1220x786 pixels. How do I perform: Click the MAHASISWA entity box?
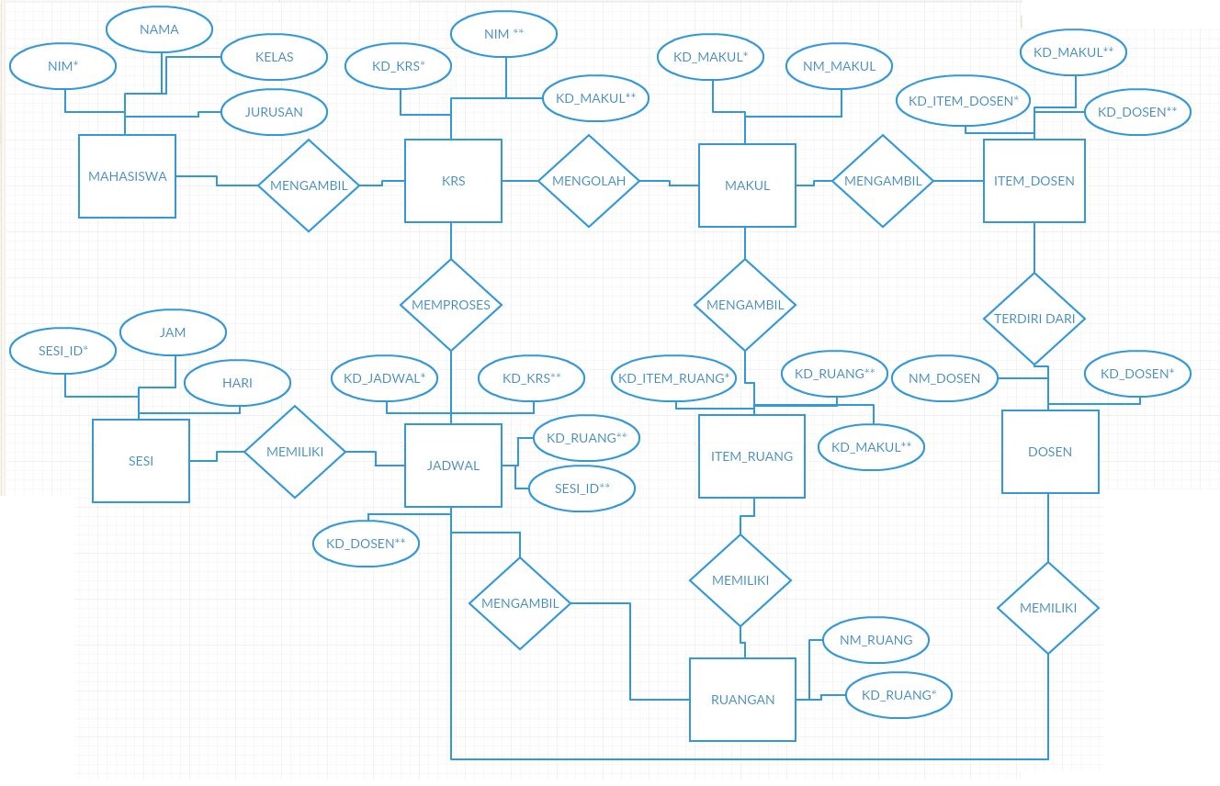[127, 176]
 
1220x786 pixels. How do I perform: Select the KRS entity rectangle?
[453, 181]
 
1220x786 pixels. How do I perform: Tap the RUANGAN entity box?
[742, 699]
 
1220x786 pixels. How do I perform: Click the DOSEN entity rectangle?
[1050, 452]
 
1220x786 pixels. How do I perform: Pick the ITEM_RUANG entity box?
[751, 456]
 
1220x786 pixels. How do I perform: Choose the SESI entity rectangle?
[141, 461]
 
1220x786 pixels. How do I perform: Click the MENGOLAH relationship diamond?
[588, 181]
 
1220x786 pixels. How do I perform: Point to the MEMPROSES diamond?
[451, 304]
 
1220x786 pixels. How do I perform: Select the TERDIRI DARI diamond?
[1034, 319]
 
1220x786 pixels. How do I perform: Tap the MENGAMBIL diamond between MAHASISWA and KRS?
[309, 185]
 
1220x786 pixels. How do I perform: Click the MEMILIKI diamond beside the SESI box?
[294, 452]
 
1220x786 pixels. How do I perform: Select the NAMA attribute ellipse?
[159, 29]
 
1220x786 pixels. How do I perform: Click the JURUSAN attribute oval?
[275, 113]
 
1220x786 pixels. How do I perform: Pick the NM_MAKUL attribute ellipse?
[839, 65]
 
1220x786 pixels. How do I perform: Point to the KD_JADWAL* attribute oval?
[384, 377]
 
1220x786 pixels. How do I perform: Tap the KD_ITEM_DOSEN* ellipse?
[963, 100]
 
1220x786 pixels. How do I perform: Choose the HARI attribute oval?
[237, 383]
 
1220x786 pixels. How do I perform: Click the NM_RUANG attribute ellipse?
[875, 640]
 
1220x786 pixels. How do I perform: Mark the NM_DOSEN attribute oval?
[943, 377]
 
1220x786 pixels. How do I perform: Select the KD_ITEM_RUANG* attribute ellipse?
[673, 377]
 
